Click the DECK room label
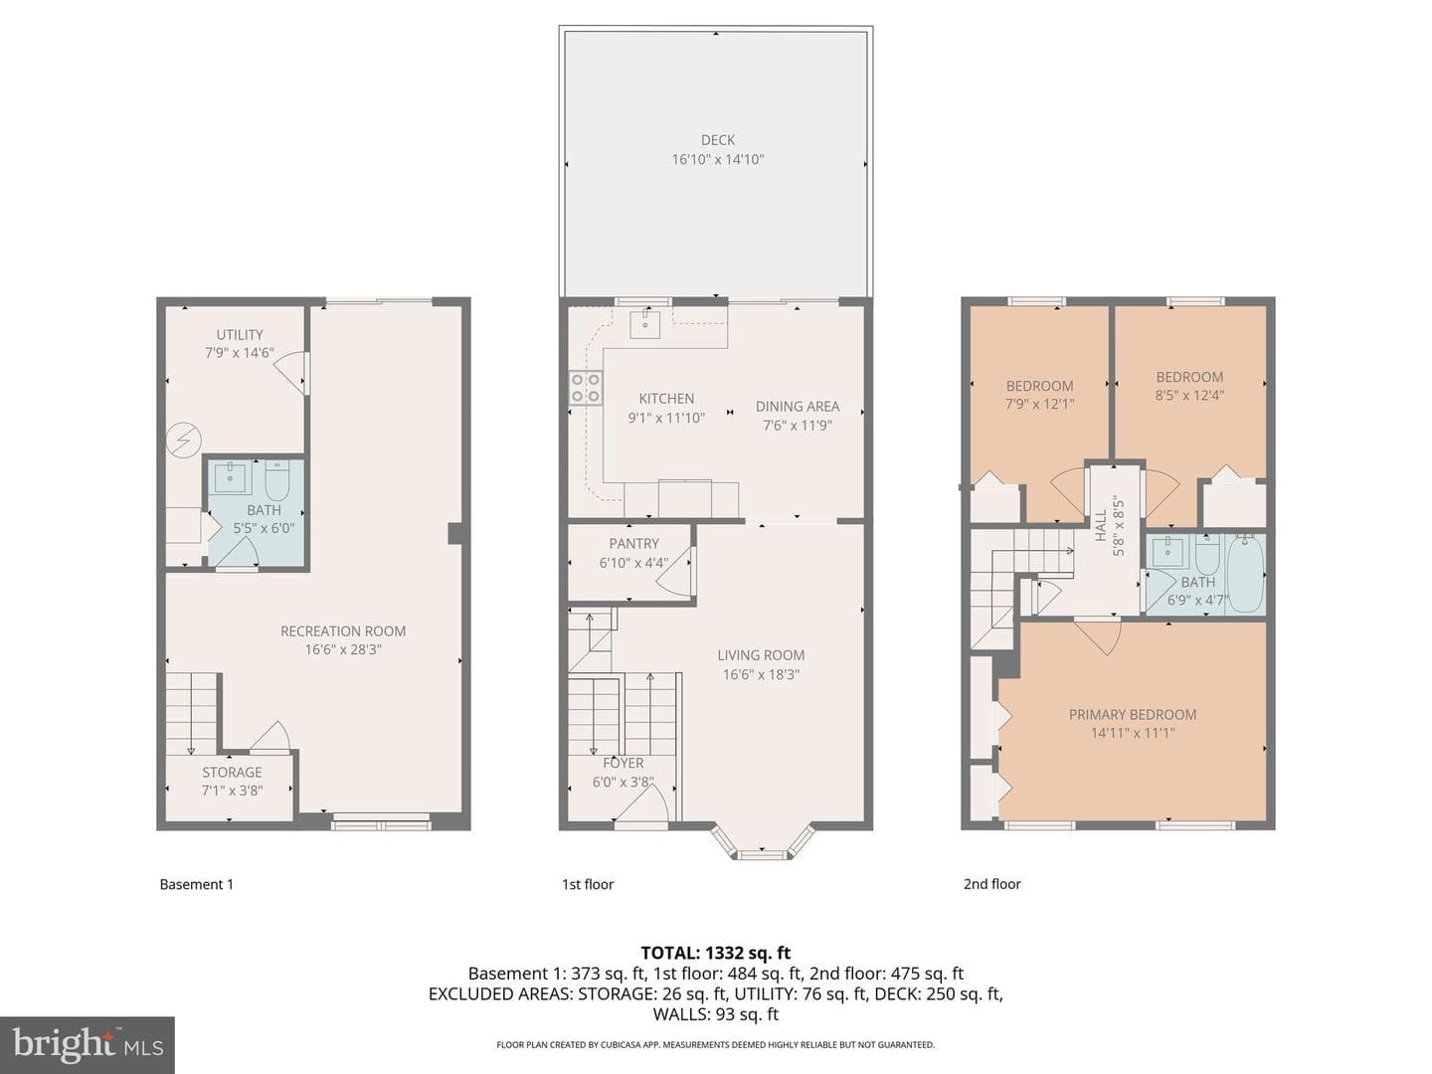(718, 139)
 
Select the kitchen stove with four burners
(585, 388)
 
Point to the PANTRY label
(633, 543)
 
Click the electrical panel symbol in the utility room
(183, 441)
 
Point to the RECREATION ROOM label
(343, 630)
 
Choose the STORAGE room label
(232, 772)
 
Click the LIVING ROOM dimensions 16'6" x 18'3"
(761, 674)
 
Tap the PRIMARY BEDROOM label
(1133, 714)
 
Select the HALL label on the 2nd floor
(1101, 526)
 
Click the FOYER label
(624, 763)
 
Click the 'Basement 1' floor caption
(196, 884)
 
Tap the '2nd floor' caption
(992, 884)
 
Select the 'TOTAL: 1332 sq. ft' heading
(716, 953)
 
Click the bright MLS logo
(88, 1044)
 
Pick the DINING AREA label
(798, 407)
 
